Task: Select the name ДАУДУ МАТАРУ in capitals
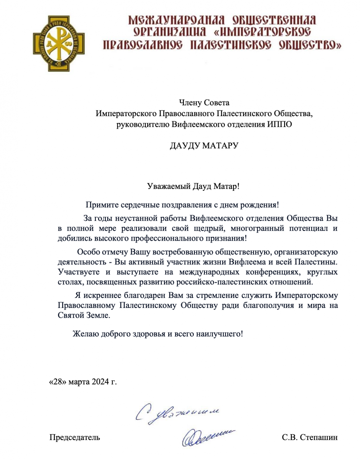204,146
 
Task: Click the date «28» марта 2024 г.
83,383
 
